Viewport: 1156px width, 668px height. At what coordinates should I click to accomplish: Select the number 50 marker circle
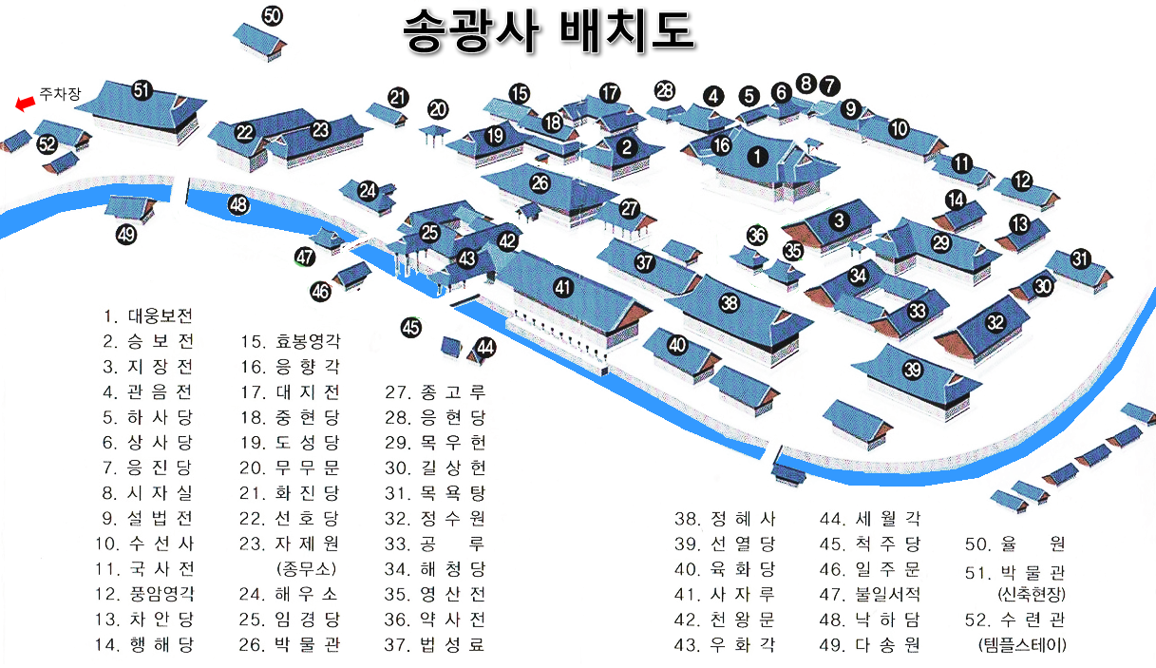(273, 15)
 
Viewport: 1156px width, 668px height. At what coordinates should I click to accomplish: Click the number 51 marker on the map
(142, 90)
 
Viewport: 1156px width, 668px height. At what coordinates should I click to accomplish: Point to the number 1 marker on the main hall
(757, 157)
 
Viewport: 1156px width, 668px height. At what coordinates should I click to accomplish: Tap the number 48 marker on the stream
(238, 203)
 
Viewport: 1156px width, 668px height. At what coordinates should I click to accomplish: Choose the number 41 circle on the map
(564, 286)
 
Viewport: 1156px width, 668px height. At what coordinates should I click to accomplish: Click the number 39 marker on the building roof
(912, 370)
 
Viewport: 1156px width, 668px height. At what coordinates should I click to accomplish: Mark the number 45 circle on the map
(410, 328)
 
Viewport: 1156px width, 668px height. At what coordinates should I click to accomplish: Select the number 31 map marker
(1079, 258)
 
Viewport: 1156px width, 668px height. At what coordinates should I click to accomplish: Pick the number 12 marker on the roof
(1022, 181)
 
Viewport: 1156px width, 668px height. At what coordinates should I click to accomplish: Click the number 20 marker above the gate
(438, 108)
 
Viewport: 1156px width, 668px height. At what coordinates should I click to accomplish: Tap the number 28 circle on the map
(665, 91)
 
